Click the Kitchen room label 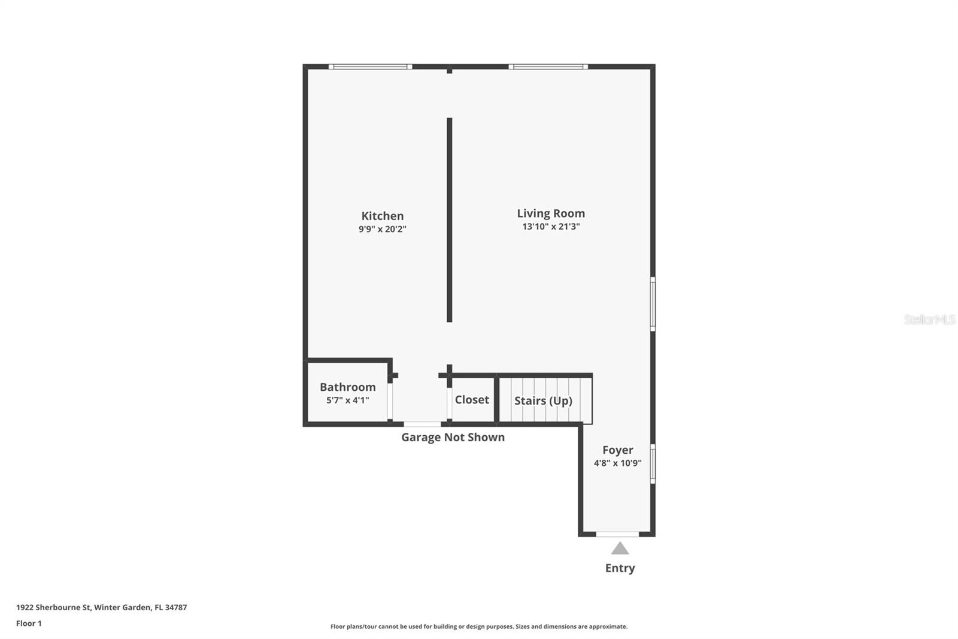tap(382, 216)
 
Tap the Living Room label tap(551, 213)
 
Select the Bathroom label tap(347, 387)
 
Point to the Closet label tap(472, 400)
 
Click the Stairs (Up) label tap(543, 400)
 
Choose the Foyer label tap(617, 450)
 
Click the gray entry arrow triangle tap(620, 548)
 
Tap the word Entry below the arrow tap(620, 568)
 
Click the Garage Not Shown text tap(453, 438)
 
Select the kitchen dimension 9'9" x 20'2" tap(382, 229)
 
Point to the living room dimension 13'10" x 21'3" tap(551, 227)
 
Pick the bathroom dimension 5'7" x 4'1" tap(347, 400)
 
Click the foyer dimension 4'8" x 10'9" tap(617, 463)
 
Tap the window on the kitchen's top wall tap(370, 67)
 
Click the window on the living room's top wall tap(548, 67)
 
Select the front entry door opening tap(617, 533)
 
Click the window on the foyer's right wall tap(653, 463)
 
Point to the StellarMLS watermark tap(929, 319)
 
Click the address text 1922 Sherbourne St tap(53, 607)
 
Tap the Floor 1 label tap(29, 623)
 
